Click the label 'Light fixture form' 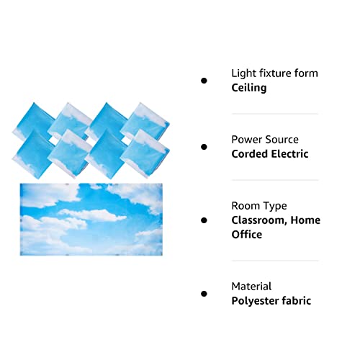pos(274,73)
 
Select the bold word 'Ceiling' pos(249,88)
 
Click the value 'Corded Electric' pos(270,154)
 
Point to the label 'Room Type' pos(258,206)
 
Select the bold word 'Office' pos(246,235)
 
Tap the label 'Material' pos(251,287)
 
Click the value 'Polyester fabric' pos(271,301)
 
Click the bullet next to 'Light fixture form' pos(204,81)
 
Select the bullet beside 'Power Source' pos(204,147)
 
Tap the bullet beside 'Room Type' pos(204,220)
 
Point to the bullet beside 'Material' pos(204,294)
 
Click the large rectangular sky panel pos(91,219)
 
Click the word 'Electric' pos(289,154)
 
